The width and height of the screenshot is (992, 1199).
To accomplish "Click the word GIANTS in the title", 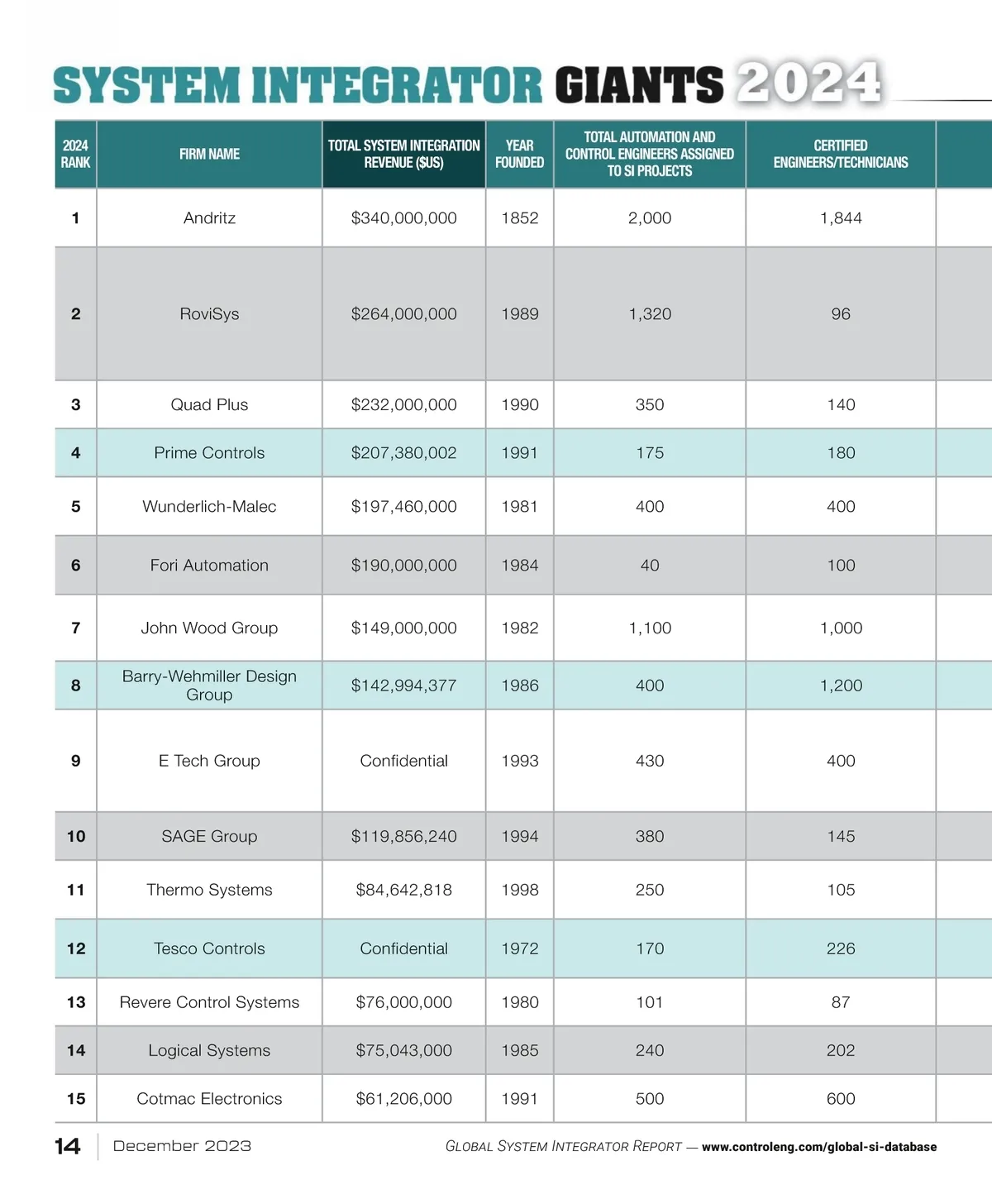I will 638,86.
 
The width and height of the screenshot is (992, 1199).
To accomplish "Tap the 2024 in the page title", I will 808,84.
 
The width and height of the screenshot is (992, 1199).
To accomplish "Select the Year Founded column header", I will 519,155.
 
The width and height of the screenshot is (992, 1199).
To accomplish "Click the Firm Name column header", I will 209,155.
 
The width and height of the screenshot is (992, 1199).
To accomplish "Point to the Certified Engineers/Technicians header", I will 840,155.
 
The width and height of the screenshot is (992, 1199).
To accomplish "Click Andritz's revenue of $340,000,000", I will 403,218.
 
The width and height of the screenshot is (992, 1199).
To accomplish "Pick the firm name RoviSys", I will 209,314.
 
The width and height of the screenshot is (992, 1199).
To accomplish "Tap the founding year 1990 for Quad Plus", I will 519,405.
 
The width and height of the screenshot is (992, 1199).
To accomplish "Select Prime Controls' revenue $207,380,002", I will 403,453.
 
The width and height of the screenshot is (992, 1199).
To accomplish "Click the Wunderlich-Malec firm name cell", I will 209,507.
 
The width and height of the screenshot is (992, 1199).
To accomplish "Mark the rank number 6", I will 76,566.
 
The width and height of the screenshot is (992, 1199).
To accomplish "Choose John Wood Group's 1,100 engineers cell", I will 650,628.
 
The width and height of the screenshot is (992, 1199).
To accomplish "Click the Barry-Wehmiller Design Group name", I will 209,685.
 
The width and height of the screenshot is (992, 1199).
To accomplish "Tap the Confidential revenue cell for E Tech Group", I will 403,761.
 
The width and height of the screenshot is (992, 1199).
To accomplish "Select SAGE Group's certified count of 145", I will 841,837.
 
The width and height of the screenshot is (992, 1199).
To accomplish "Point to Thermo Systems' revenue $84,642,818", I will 403,891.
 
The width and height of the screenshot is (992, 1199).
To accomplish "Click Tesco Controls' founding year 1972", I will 519,949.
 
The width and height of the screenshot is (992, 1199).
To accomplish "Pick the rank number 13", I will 76,1003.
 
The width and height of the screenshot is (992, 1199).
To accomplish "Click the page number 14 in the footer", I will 68,1147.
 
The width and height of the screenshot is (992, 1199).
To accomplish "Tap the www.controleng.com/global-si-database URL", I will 818,1148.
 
